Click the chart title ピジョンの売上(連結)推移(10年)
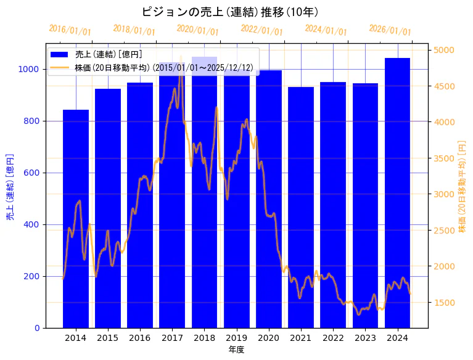pyautogui.click(x=230, y=12)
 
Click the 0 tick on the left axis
pyautogui.click(x=37, y=328)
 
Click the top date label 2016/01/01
pyautogui.click(x=70, y=30)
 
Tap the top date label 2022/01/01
pyautogui.click(x=261, y=30)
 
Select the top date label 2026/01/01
pyautogui.click(x=390, y=30)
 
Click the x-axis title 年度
pyautogui.click(x=236, y=350)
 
